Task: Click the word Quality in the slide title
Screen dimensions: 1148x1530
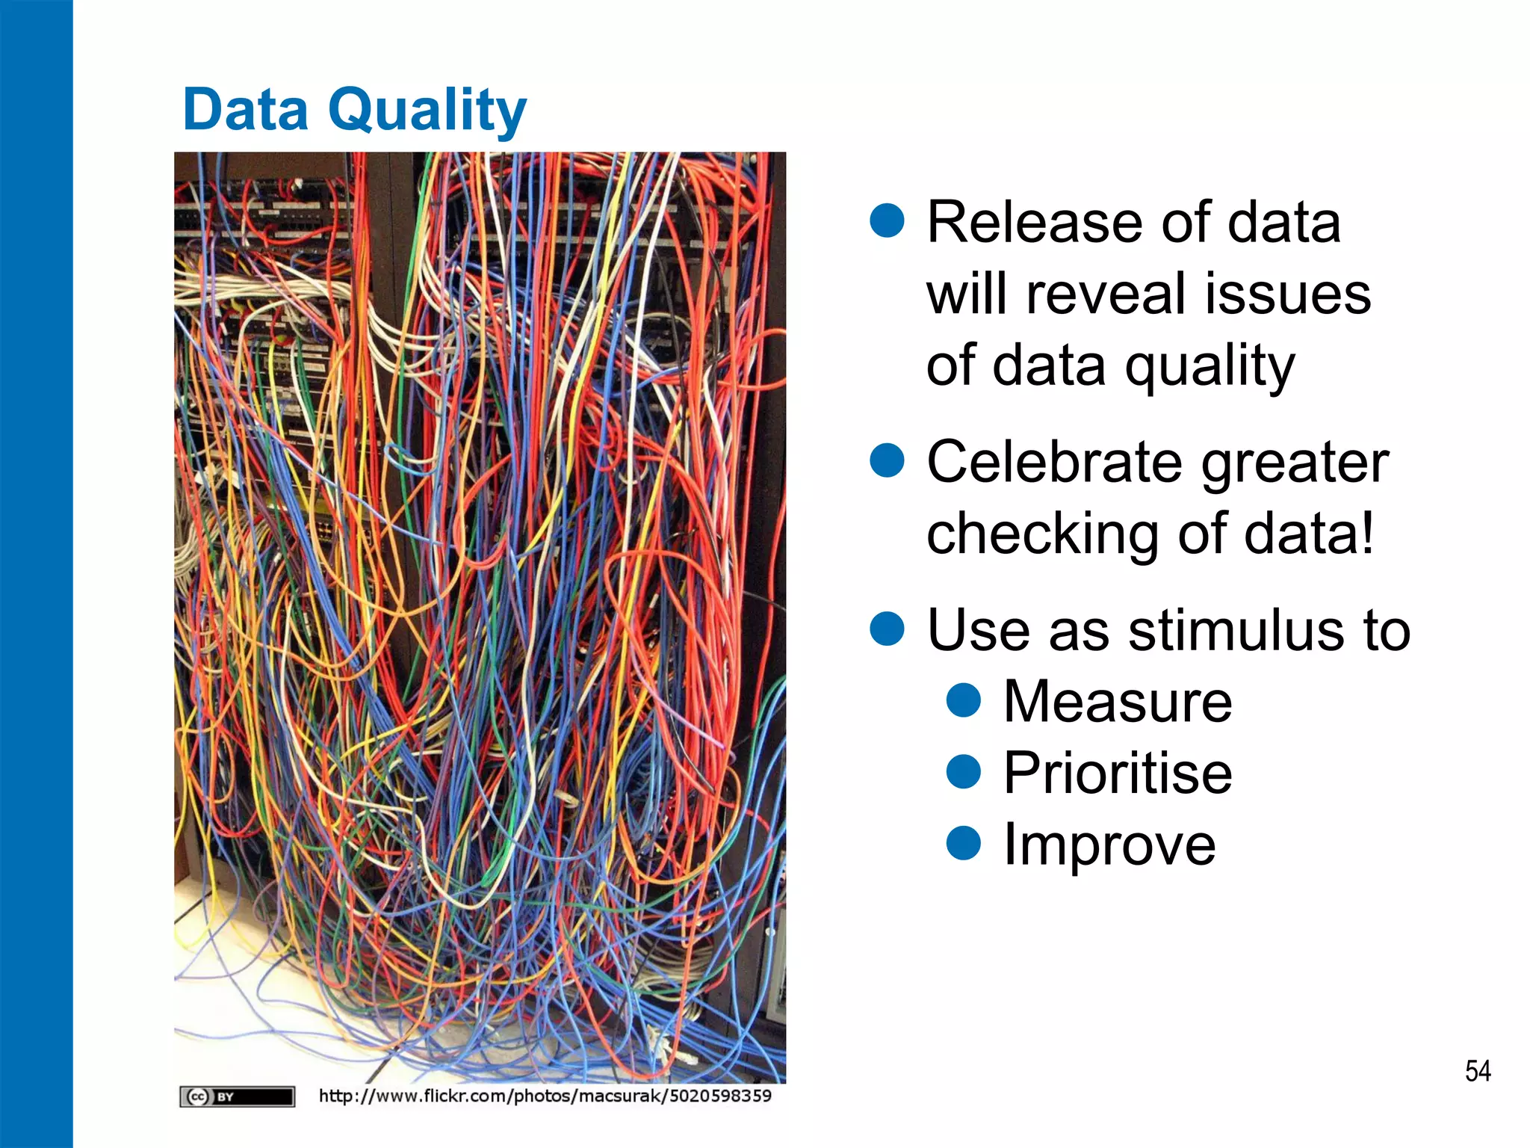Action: (x=427, y=111)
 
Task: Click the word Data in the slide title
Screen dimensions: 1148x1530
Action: (x=246, y=111)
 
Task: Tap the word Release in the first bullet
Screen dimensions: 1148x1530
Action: (x=1035, y=223)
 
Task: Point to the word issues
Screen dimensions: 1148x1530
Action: (x=1287, y=294)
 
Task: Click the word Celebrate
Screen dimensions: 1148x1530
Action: (x=1054, y=463)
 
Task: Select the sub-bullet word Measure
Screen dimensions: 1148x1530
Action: (x=1117, y=702)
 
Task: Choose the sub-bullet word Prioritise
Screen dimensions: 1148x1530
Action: (x=1117, y=773)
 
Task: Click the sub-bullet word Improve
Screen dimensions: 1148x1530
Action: (x=1109, y=845)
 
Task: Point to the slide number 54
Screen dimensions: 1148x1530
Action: (x=1478, y=1071)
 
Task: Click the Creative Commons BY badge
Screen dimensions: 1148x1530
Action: (x=238, y=1096)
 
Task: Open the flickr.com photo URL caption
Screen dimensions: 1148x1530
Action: (x=545, y=1096)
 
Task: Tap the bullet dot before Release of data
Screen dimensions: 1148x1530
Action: (x=888, y=220)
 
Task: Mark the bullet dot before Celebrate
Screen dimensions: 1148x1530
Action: (x=888, y=460)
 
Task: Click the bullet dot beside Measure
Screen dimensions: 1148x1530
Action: (x=963, y=700)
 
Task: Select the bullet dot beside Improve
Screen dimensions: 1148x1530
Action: (x=963, y=842)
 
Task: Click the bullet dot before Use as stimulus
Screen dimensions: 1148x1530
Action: (x=888, y=628)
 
